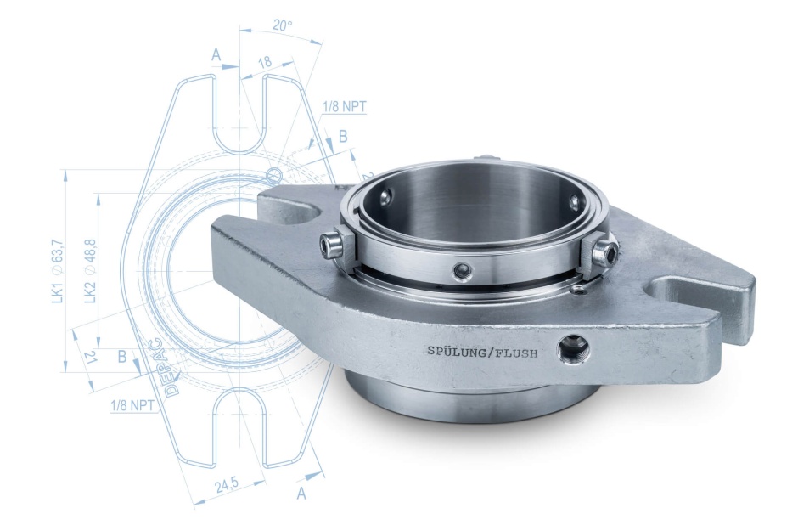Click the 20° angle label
[x=282, y=25]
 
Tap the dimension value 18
[x=265, y=62]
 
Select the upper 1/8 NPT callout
[x=344, y=106]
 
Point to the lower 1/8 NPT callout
[x=132, y=405]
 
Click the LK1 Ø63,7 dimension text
[x=58, y=272]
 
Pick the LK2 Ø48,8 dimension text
[x=90, y=271]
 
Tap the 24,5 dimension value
[x=227, y=485]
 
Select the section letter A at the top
[x=216, y=54]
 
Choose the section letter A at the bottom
[x=301, y=493]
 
